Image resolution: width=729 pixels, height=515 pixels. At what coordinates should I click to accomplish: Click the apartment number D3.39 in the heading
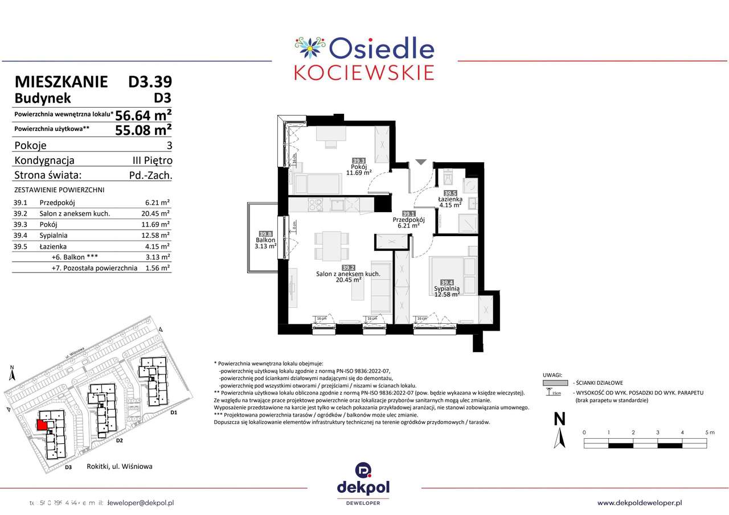[x=150, y=82]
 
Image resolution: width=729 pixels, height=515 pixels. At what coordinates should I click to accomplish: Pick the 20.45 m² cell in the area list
[x=157, y=213]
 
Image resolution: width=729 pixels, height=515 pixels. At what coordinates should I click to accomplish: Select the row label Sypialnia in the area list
[x=54, y=235]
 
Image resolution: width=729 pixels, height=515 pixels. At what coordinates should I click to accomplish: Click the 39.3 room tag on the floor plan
[x=359, y=161]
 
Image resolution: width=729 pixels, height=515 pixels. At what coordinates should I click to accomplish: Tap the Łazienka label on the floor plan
[x=449, y=199]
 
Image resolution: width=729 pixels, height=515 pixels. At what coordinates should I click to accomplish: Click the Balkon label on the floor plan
[x=265, y=241]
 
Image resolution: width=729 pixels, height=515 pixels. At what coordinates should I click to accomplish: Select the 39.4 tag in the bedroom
[x=447, y=282]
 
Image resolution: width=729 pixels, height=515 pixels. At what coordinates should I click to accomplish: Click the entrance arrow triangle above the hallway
[x=420, y=163]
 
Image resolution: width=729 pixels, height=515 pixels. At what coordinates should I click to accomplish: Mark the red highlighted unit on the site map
[x=42, y=425]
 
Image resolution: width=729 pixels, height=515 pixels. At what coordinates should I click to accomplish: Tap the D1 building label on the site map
[x=174, y=412]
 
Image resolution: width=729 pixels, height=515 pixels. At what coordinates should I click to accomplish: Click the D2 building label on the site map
[x=120, y=440]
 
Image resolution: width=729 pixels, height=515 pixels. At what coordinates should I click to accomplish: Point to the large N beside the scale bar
[x=560, y=419]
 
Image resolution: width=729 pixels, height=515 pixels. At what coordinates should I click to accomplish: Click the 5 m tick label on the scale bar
[x=709, y=432]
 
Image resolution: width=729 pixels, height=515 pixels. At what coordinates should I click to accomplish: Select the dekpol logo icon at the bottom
[x=364, y=471]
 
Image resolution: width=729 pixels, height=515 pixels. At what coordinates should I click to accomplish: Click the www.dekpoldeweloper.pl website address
[x=640, y=502]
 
